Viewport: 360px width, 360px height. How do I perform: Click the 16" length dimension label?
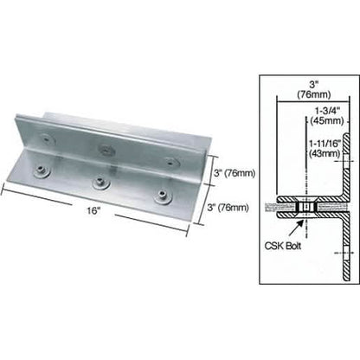click(93, 210)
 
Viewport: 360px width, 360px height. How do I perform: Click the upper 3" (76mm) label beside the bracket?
click(235, 173)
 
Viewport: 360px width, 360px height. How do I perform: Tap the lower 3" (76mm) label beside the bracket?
click(228, 208)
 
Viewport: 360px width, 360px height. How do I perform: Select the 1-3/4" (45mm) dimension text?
click(328, 116)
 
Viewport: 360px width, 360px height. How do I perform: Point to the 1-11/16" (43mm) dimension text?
click(325, 149)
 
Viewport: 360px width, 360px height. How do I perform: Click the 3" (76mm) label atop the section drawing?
click(314, 90)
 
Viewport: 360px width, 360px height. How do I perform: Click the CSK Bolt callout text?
click(283, 246)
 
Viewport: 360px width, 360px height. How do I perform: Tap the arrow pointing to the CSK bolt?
click(296, 228)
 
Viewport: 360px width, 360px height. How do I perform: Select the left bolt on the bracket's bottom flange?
click(42, 171)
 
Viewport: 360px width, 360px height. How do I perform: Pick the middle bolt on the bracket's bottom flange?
click(101, 183)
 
